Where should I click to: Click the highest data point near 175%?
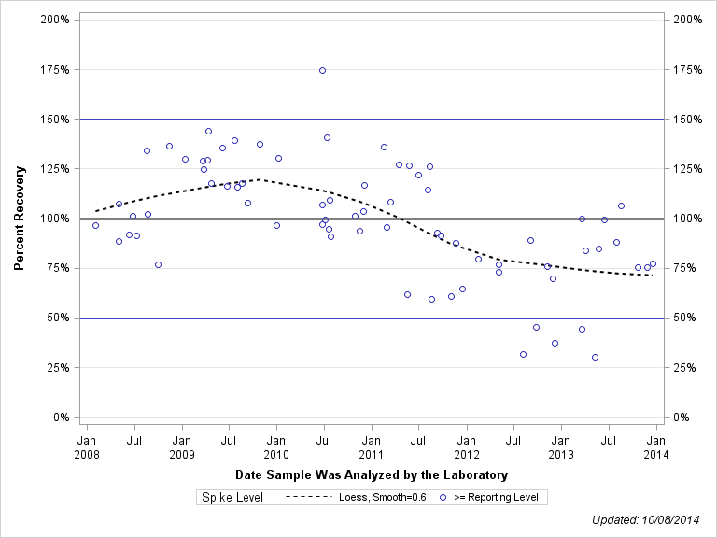tap(322, 70)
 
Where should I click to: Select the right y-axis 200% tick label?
tap(686, 20)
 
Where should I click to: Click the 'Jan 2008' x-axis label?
tap(87, 447)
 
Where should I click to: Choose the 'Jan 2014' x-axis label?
tap(656, 447)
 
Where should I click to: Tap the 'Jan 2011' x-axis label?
tap(372, 447)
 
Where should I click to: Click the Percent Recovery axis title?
tap(19, 219)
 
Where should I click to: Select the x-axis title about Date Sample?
tap(372, 474)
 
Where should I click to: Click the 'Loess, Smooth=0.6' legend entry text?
tap(383, 498)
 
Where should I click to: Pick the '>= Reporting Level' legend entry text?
tap(496, 498)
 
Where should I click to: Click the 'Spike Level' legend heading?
tap(232, 498)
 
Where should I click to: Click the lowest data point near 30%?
tap(595, 357)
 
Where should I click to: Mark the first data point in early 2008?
tap(95, 225)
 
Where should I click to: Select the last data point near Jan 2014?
tap(653, 263)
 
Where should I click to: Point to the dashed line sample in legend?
tap(307, 498)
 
